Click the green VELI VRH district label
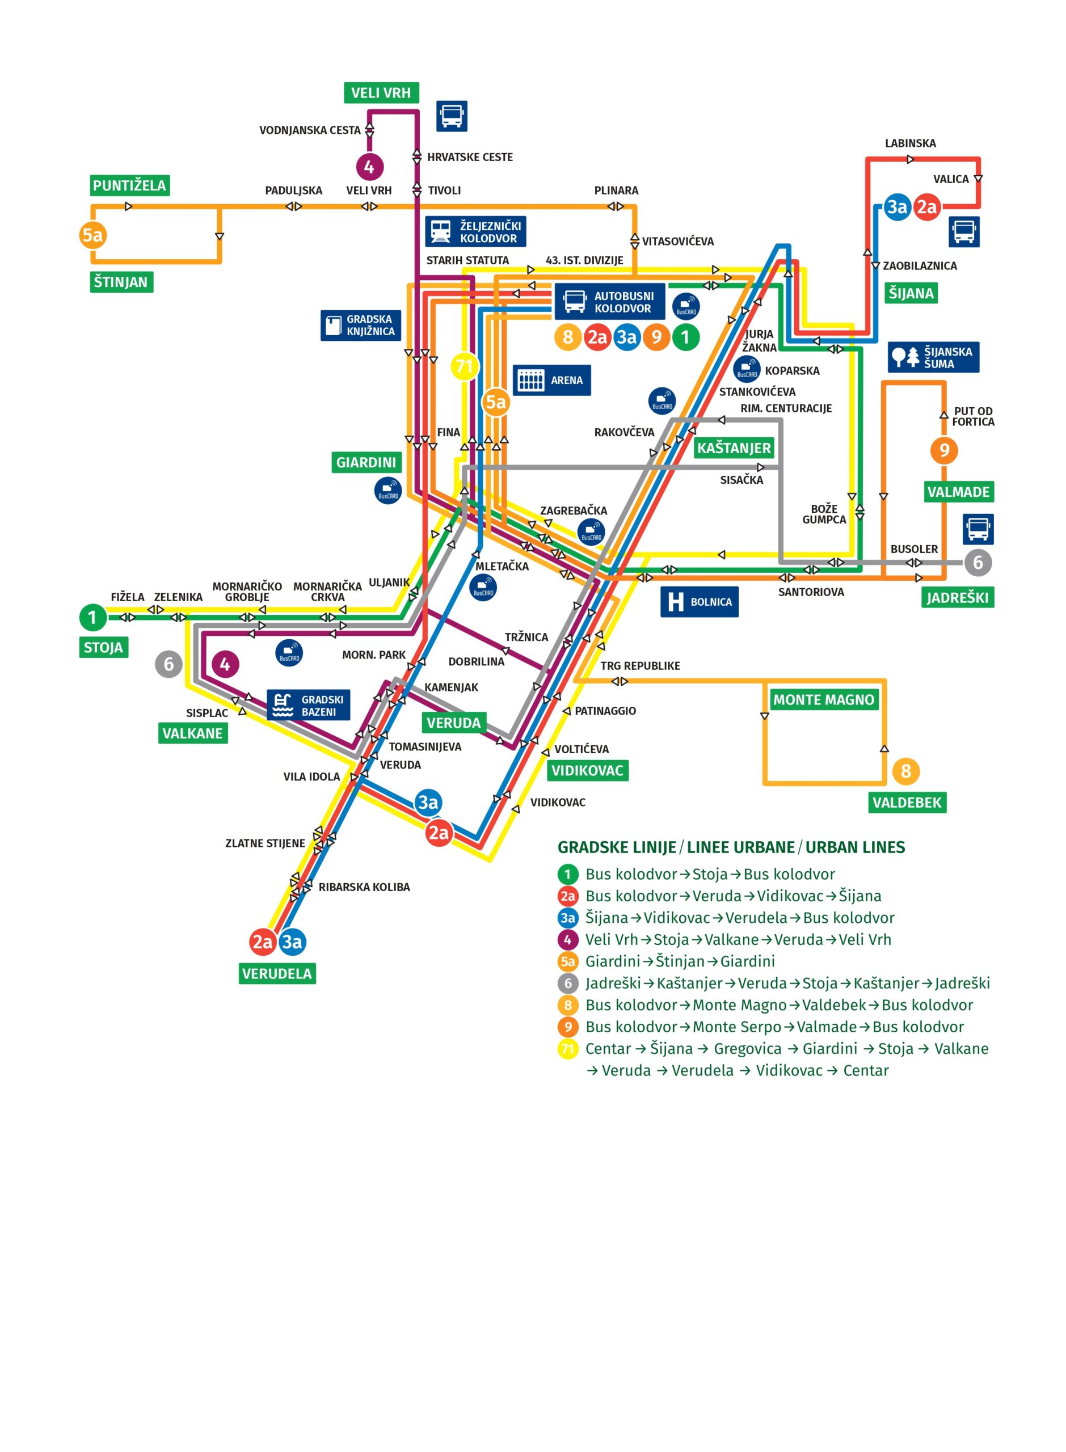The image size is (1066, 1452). click(x=381, y=93)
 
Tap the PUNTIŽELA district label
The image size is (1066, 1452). click(x=129, y=186)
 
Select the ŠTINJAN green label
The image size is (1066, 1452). click(x=121, y=282)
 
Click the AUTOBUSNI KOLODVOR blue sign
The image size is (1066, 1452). click(x=610, y=302)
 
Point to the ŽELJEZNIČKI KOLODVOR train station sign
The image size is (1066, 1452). click(x=475, y=231)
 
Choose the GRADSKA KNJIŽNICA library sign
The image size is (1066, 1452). click(x=361, y=325)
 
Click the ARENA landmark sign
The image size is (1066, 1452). click(x=551, y=381)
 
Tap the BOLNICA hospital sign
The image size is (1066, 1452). click(x=699, y=602)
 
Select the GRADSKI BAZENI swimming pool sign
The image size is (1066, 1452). click(x=309, y=706)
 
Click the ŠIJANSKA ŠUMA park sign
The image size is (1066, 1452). click(x=933, y=357)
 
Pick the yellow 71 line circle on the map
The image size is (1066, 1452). click(x=465, y=367)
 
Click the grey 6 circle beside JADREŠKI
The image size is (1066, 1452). click(x=977, y=563)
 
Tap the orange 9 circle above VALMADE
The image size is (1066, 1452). click(x=944, y=450)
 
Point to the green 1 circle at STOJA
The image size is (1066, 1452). click(x=92, y=617)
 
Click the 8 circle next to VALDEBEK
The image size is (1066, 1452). click(x=906, y=771)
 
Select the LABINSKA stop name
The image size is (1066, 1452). click(x=910, y=143)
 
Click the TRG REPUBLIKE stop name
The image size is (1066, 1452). click(x=640, y=666)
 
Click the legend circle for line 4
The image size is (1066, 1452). click(x=568, y=940)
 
